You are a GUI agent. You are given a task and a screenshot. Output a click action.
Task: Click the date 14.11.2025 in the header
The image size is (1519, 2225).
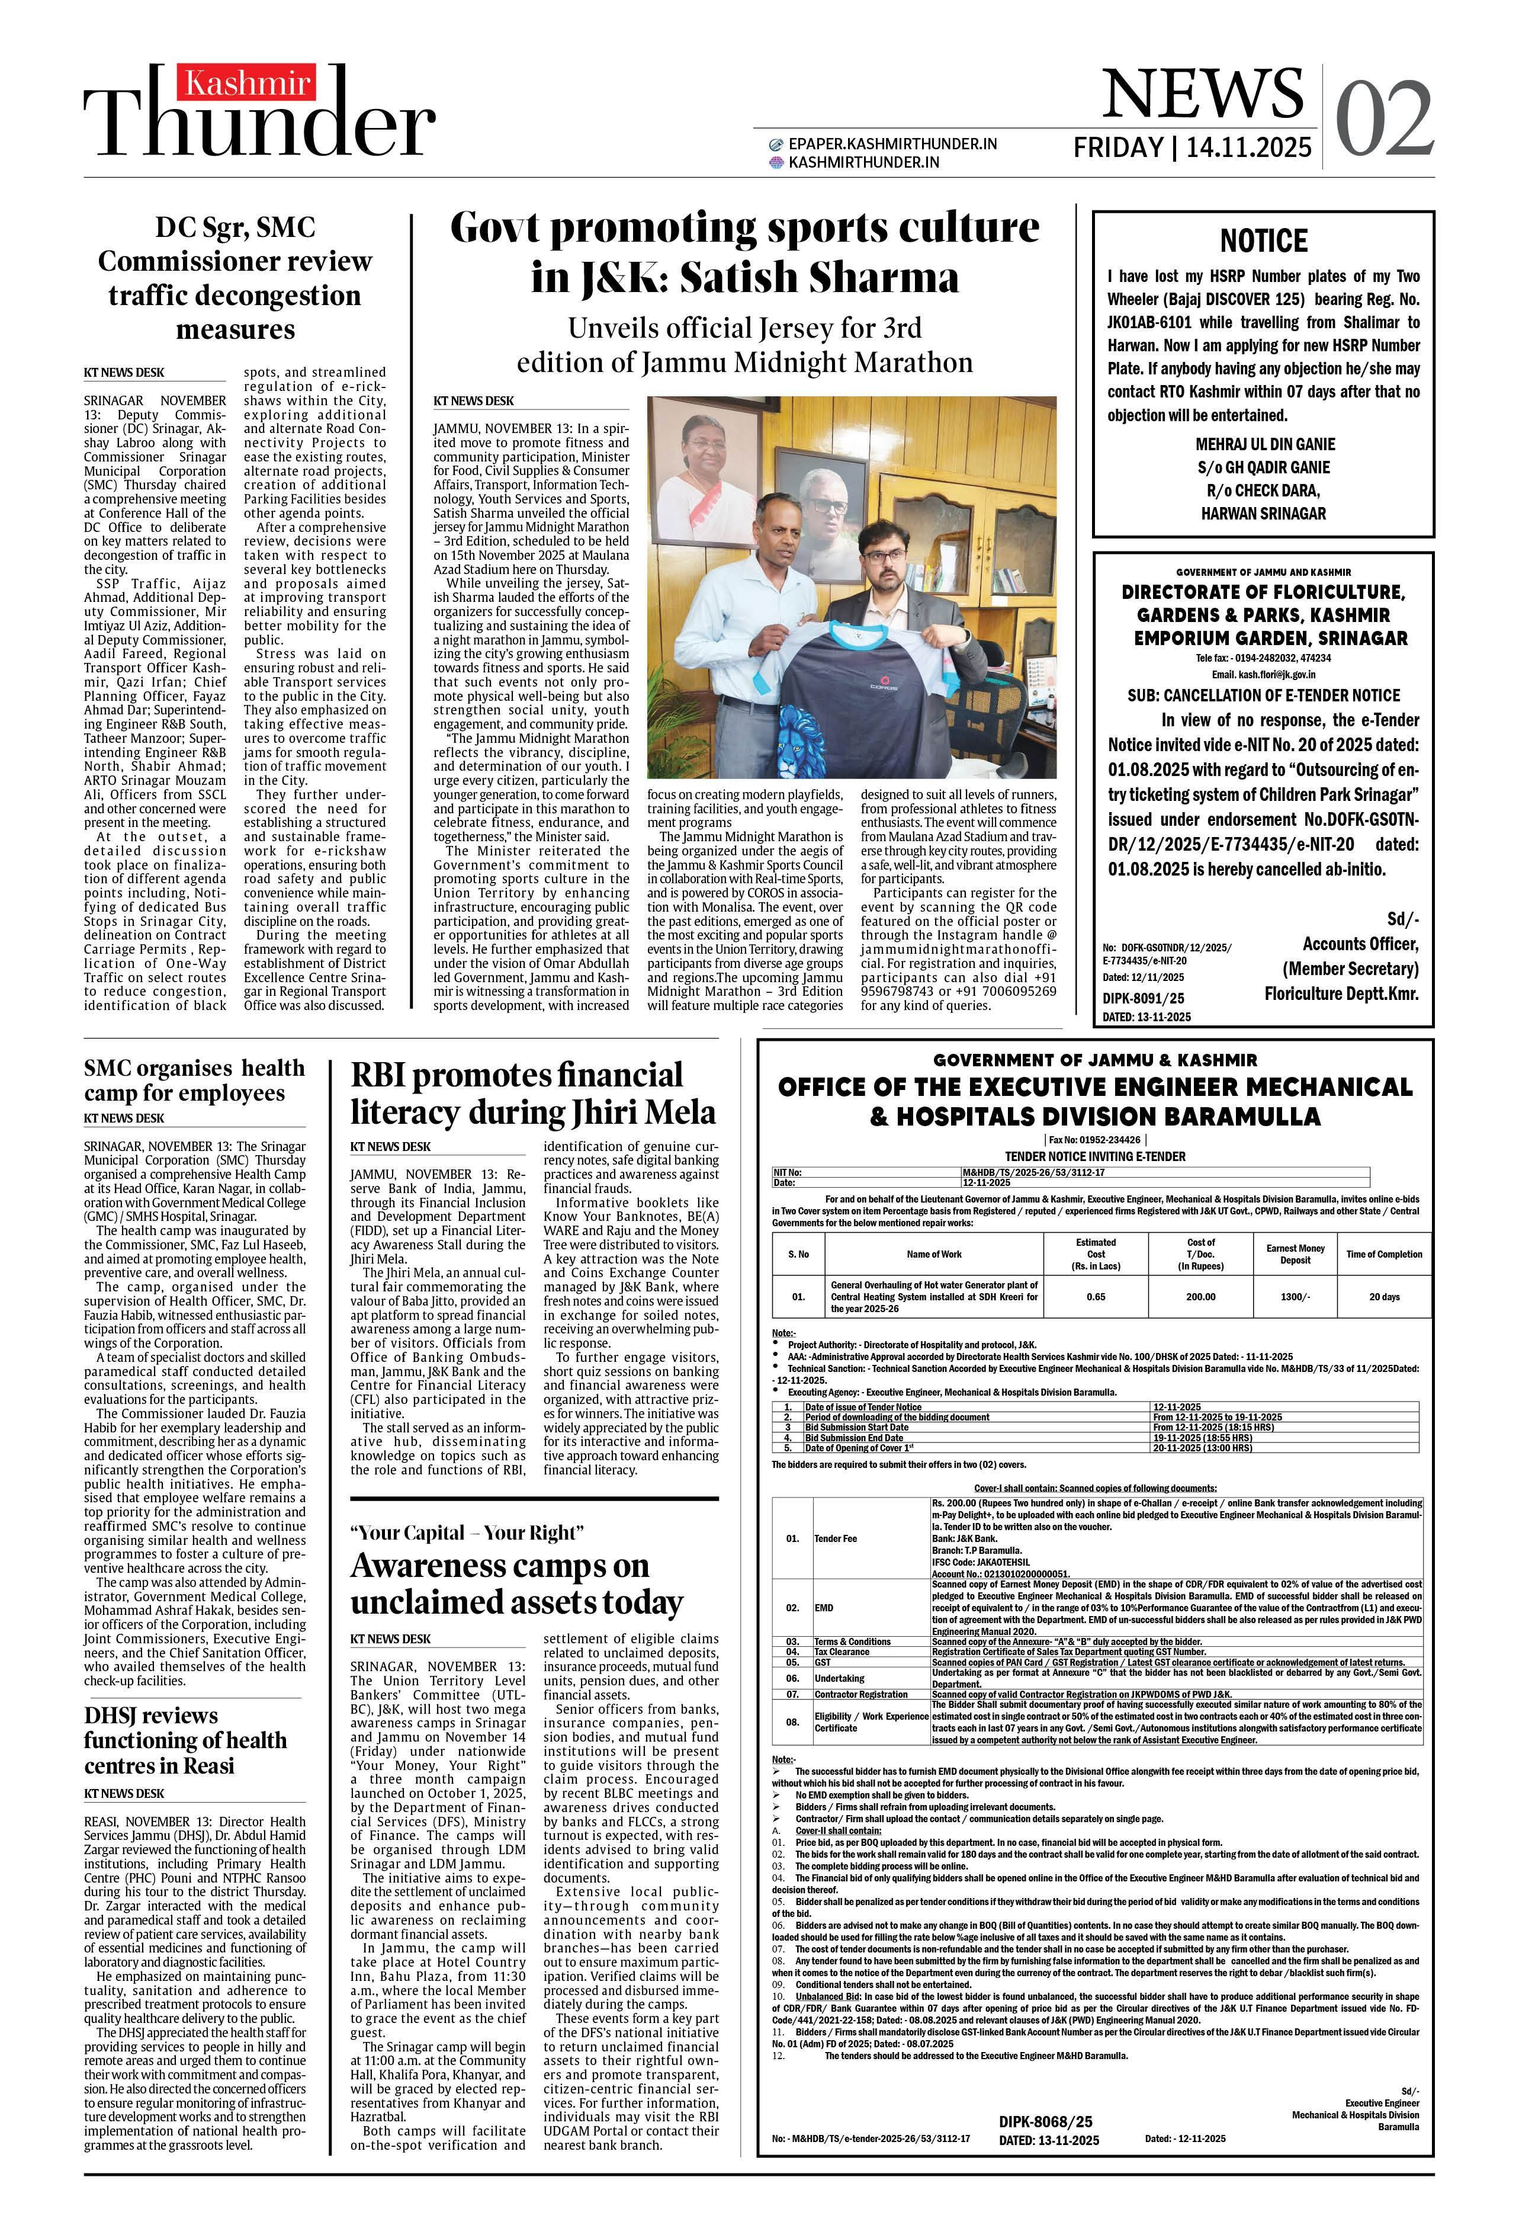pos(1248,148)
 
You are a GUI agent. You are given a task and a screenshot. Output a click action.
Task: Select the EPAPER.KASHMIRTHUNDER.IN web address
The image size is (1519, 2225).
pos(892,143)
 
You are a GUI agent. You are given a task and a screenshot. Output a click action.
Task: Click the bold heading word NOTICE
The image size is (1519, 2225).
pos(1263,241)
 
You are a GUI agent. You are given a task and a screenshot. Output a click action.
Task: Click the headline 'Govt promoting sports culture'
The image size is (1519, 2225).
pos(744,229)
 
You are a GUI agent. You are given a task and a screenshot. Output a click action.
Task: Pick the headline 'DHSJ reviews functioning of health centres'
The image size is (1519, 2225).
pos(185,1740)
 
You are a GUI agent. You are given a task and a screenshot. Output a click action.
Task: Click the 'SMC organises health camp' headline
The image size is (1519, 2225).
pos(193,1080)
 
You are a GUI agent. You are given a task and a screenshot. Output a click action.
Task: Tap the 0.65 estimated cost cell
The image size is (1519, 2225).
pos(1096,1296)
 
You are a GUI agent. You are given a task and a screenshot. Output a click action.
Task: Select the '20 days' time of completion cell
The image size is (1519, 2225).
pos(1383,1296)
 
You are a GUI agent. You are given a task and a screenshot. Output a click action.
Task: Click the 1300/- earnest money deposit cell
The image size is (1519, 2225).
pos(1294,1296)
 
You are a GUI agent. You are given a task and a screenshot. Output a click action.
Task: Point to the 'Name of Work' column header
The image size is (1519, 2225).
pos(933,1254)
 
